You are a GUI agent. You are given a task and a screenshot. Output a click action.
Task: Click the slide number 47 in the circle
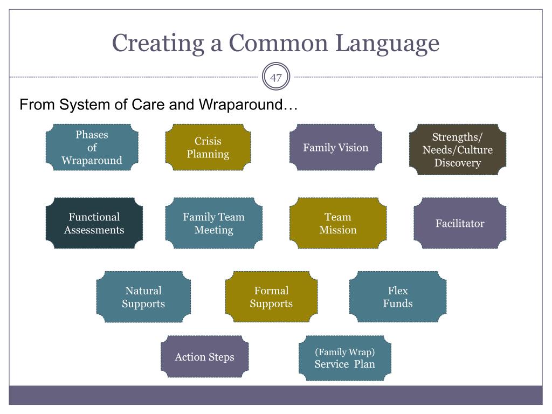pyautogui.click(x=276, y=78)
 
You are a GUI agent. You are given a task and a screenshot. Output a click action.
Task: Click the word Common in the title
pyautogui.click(x=278, y=43)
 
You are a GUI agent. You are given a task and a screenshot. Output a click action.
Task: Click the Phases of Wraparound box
pyautogui.click(x=92, y=147)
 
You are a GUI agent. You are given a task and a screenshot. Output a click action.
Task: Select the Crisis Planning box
pyautogui.click(x=208, y=147)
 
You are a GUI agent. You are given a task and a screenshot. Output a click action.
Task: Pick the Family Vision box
pyautogui.click(x=336, y=147)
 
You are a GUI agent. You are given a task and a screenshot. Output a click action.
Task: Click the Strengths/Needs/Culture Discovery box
pyautogui.click(x=458, y=150)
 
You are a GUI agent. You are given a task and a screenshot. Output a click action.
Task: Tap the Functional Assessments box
pyautogui.click(x=94, y=223)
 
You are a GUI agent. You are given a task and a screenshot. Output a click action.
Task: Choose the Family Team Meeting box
pyautogui.click(x=213, y=223)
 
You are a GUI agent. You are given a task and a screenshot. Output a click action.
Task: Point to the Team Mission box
pyautogui.click(x=338, y=223)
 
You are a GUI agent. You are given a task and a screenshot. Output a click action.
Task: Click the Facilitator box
pyautogui.click(x=460, y=223)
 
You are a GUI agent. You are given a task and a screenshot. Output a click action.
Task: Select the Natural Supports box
pyautogui.click(x=143, y=297)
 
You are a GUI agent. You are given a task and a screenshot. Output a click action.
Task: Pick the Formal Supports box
pyautogui.click(x=272, y=297)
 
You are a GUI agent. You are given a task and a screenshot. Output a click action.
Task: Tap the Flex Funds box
pyautogui.click(x=398, y=297)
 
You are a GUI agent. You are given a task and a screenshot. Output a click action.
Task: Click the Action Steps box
pyautogui.click(x=204, y=357)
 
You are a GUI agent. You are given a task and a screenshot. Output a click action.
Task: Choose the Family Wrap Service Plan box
pyautogui.click(x=345, y=358)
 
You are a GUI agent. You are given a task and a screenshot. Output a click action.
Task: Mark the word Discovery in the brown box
pyautogui.click(x=458, y=163)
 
